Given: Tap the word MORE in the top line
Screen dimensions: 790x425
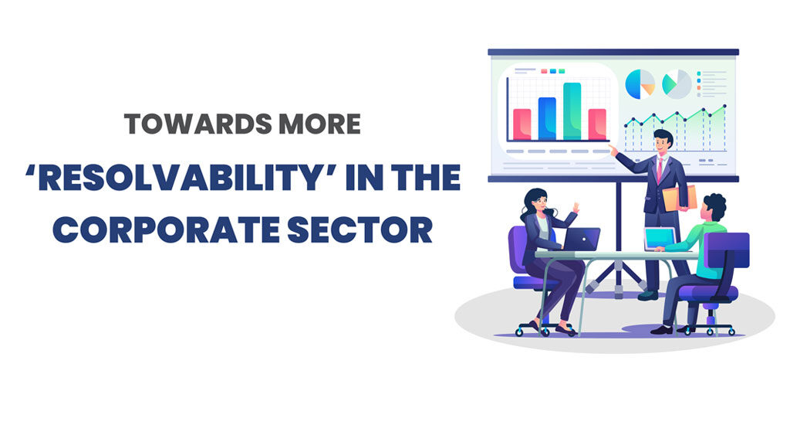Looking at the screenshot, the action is (x=320, y=124).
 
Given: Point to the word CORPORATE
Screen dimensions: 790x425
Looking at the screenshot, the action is (x=166, y=229).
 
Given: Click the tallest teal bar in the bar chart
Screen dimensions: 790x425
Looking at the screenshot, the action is (x=572, y=111).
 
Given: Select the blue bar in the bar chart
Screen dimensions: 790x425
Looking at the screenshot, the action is (x=547, y=119).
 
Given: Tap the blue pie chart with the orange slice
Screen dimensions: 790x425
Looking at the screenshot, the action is (x=640, y=84).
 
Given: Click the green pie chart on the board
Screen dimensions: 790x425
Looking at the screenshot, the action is (x=677, y=84).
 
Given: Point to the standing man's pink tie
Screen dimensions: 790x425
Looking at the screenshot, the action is (x=660, y=169).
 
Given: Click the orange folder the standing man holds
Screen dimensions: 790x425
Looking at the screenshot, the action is (x=680, y=199).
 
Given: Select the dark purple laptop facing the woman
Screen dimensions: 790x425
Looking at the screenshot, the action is (x=582, y=240).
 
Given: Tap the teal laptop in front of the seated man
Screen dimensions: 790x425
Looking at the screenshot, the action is (x=660, y=239).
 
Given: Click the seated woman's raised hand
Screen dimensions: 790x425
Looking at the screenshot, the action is (x=576, y=207).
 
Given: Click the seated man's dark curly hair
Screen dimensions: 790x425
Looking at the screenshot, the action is (x=715, y=206).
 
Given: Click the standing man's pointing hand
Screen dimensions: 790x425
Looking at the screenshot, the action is (x=613, y=149).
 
